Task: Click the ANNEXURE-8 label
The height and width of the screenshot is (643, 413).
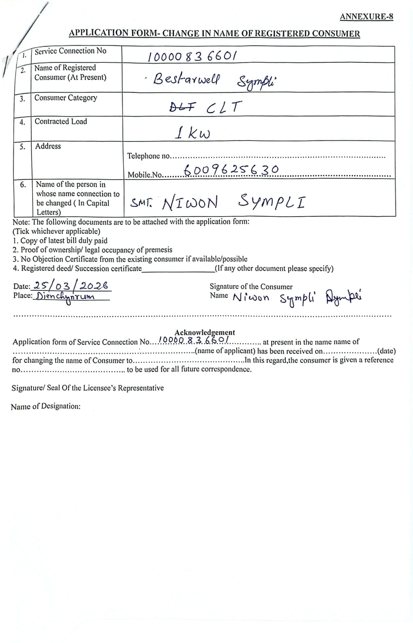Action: (x=366, y=17)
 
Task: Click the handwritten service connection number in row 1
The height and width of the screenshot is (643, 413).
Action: (x=193, y=56)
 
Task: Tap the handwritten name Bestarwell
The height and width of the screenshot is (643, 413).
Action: (x=186, y=79)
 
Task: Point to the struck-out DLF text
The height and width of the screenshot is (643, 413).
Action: (x=182, y=107)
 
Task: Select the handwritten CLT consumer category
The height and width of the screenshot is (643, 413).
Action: (x=224, y=108)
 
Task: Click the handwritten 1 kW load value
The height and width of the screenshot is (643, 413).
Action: (x=192, y=133)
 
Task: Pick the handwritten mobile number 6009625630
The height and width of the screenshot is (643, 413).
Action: (x=231, y=170)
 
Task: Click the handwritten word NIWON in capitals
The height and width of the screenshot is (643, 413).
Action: (x=190, y=203)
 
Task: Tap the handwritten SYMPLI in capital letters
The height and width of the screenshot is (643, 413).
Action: (x=271, y=202)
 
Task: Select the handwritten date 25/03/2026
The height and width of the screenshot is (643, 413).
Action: (x=71, y=286)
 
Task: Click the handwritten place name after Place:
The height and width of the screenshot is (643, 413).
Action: (x=65, y=297)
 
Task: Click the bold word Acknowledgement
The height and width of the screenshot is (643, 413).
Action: (x=204, y=333)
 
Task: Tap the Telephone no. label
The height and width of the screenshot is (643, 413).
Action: (x=148, y=156)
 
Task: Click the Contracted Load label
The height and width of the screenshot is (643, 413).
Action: (x=61, y=122)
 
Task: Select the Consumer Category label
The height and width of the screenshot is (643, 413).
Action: (x=66, y=98)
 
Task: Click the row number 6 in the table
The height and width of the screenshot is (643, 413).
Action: (x=23, y=184)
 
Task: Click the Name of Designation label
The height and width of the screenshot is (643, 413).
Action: (x=46, y=406)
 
